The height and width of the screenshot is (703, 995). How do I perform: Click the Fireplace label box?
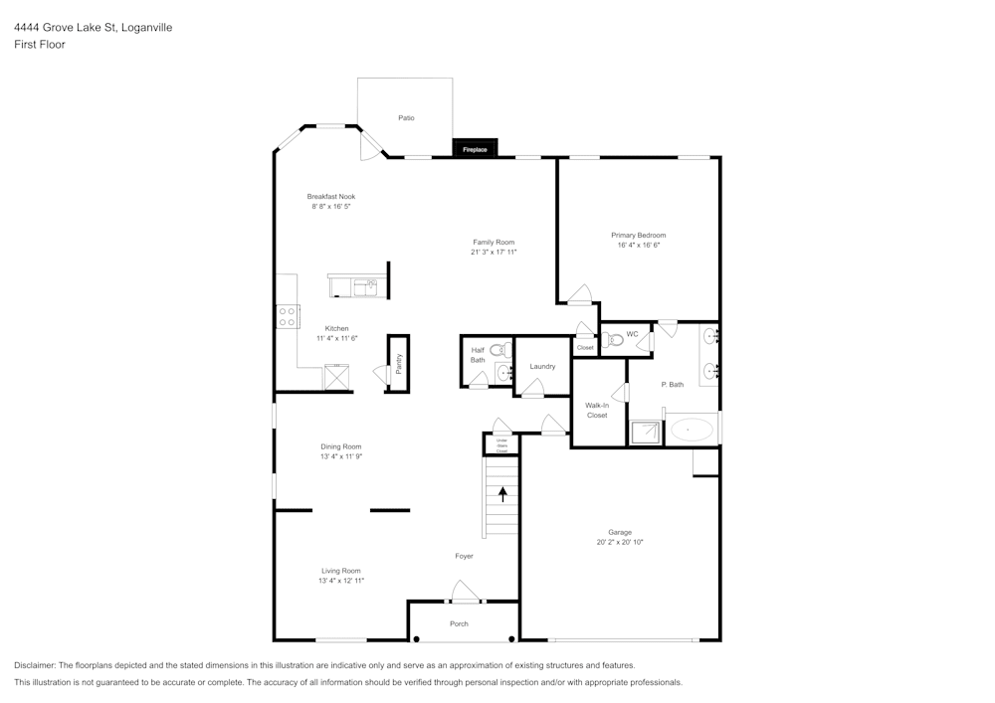tap(475, 149)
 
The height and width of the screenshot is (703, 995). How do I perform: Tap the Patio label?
tap(406, 118)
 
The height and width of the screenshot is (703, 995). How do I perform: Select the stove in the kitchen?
tap(288, 316)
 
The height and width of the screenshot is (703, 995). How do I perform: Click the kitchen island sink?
tap(365, 287)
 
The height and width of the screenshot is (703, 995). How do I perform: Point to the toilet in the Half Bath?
tap(499, 350)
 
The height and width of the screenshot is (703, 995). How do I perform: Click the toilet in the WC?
tap(614, 340)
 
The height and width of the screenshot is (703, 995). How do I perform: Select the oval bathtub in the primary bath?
tap(692, 431)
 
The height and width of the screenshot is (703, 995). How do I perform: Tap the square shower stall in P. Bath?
tap(646, 433)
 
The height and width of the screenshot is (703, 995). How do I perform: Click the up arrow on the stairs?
tap(502, 493)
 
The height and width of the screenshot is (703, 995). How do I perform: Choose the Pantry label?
tap(399, 364)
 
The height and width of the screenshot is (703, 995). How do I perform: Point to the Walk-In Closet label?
tap(597, 410)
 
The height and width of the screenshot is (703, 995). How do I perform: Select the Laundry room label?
tap(542, 367)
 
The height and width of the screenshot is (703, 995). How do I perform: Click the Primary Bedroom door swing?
tap(580, 295)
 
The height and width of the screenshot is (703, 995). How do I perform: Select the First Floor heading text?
tap(40, 45)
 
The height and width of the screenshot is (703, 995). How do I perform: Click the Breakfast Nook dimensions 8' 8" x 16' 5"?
tap(330, 207)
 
